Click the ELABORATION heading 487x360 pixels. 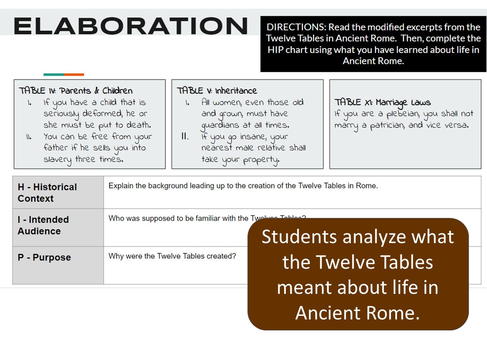[x=131, y=26]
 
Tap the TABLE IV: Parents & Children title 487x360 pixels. [x=75, y=91]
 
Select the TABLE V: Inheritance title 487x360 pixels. [x=217, y=91]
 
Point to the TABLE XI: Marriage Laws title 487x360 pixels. [x=382, y=102]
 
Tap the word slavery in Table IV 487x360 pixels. [x=57, y=160]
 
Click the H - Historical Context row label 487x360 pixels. [x=47, y=193]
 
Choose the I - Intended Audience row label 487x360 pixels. [x=43, y=225]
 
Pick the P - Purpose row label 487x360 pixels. [x=44, y=258]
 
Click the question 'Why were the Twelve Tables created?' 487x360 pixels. [x=172, y=256]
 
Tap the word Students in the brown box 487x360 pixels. [x=302, y=237]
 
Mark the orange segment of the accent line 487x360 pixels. [x=74, y=75]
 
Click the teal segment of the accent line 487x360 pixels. [x=53, y=75]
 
